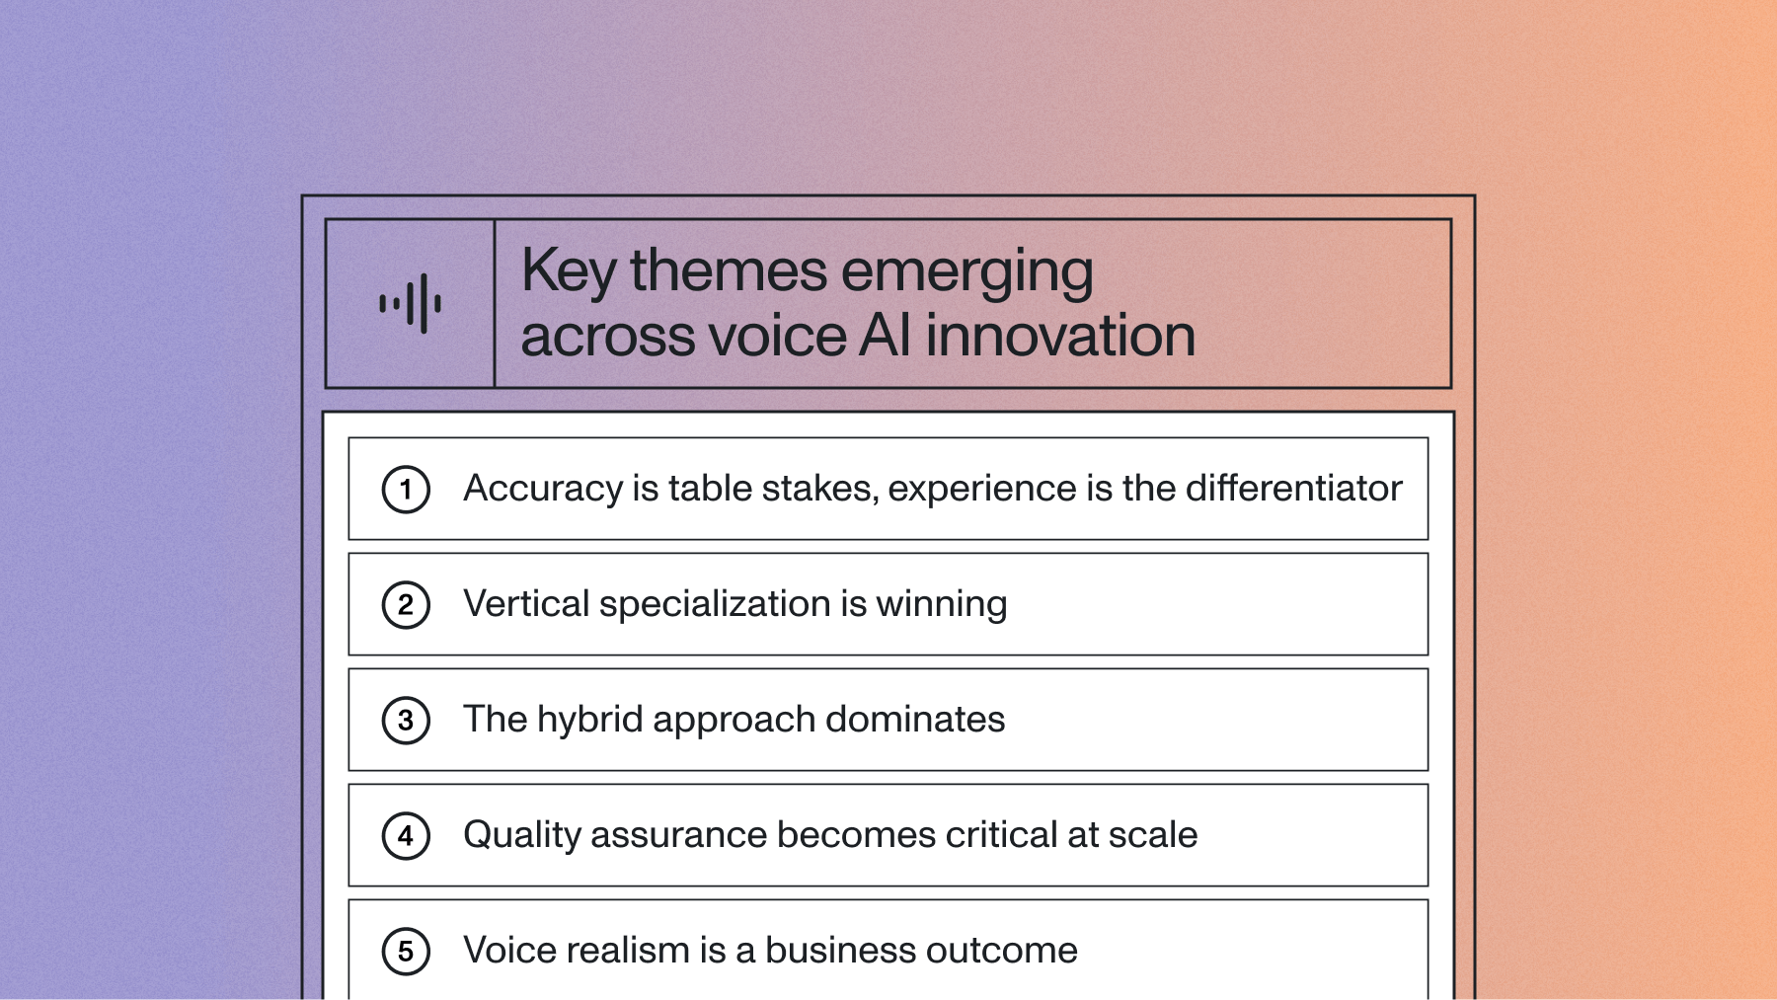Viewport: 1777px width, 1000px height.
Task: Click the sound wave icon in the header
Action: click(x=410, y=303)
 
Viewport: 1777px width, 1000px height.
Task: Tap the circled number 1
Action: click(x=406, y=490)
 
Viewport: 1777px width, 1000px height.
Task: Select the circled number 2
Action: click(x=406, y=605)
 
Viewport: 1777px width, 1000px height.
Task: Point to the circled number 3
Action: click(x=406, y=721)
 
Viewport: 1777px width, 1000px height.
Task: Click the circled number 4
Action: click(x=406, y=836)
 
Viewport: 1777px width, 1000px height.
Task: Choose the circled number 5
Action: click(x=406, y=952)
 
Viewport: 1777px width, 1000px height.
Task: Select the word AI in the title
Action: click(x=886, y=336)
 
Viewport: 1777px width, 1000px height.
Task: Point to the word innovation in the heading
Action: click(x=1060, y=336)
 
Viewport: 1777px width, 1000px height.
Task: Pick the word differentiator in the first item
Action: click(x=1293, y=488)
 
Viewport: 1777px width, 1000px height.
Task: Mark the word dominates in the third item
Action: click(x=915, y=719)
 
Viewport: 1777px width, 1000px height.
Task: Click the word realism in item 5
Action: click(x=627, y=951)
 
